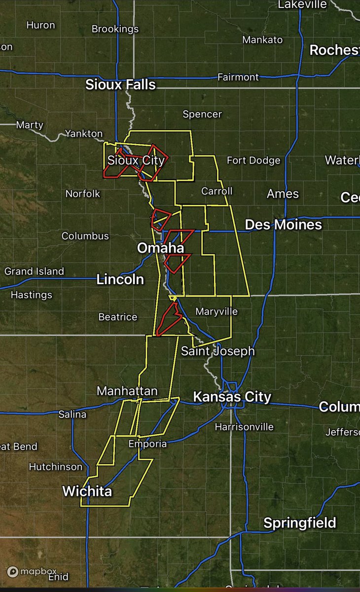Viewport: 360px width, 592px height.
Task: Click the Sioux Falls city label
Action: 120,85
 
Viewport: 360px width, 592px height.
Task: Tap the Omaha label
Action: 160,248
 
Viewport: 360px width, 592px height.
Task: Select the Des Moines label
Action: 283,225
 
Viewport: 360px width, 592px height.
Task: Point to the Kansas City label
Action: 232,397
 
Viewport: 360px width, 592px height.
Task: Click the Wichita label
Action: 87,491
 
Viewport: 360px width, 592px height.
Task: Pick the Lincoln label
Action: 120,280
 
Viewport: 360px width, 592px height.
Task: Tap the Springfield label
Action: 299,523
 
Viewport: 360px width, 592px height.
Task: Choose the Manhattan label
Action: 127,391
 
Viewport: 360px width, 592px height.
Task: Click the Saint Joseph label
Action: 217,351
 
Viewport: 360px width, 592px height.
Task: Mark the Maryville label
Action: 216,311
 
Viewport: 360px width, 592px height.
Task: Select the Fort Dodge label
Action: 253,160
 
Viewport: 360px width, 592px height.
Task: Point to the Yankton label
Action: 84,134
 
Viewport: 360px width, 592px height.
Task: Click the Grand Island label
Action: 34,271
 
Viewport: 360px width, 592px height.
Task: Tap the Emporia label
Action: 147,444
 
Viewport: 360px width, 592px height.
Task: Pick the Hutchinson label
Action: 56,467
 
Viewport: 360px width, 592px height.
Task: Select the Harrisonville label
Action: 244,427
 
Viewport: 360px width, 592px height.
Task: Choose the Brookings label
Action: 115,29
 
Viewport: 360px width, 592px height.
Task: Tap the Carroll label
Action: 216,191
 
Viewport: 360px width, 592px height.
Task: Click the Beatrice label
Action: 117,317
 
